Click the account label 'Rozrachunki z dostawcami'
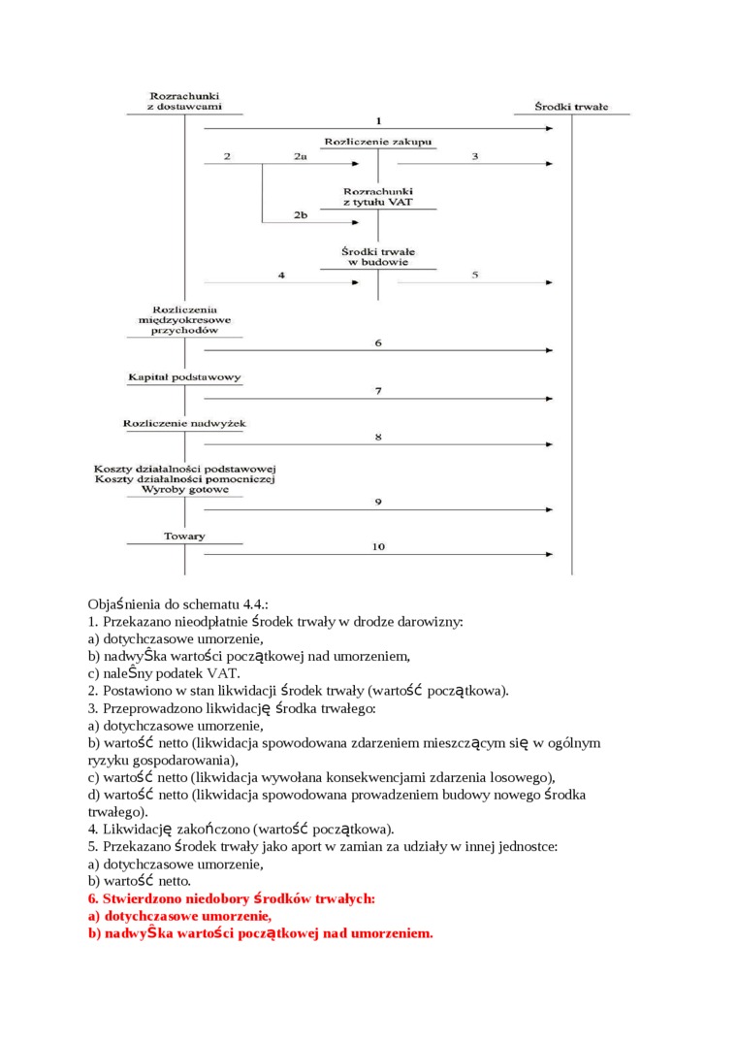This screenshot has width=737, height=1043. point(184,101)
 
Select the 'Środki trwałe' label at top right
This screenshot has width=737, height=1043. point(571,107)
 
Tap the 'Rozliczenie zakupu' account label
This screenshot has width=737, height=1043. point(378,142)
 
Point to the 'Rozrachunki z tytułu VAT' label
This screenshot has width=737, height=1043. point(378,196)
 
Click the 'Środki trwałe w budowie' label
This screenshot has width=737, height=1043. point(378,256)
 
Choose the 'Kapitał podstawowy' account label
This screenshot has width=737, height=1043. point(184,376)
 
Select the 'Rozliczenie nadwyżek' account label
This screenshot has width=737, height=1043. point(184,424)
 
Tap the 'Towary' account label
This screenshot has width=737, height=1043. point(184,537)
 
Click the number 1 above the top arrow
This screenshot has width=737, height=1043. point(378,120)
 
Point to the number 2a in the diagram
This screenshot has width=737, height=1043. point(301,156)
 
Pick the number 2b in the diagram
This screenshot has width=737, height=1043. point(301,215)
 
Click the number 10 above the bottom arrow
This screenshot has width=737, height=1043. point(378,547)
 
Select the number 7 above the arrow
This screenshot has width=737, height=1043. point(378,390)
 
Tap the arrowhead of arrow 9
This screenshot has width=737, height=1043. point(550,510)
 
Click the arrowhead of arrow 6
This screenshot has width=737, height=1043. point(550,350)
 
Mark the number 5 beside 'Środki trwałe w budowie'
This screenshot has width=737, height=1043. point(475,275)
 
